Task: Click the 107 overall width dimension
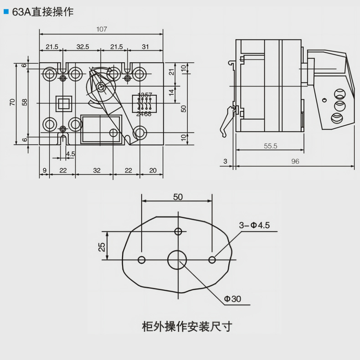click(x=101, y=29)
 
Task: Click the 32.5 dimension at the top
click(x=82, y=46)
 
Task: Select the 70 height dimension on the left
click(x=13, y=102)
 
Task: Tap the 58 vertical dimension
click(x=25, y=102)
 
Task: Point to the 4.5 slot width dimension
click(x=70, y=154)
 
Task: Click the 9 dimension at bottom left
click(x=44, y=170)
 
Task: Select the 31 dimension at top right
click(x=145, y=46)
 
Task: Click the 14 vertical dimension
click(x=171, y=92)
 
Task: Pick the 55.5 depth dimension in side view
click(x=271, y=146)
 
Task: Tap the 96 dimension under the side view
click(x=295, y=161)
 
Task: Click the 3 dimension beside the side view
click(x=225, y=161)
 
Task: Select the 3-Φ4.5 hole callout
click(x=254, y=225)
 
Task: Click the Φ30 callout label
click(x=232, y=299)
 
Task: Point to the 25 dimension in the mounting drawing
click(x=102, y=247)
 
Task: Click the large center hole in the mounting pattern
click(x=177, y=260)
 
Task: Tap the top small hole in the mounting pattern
click(x=178, y=231)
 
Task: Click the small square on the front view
click(x=63, y=103)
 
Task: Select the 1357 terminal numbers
click(x=144, y=95)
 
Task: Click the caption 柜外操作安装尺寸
click(x=187, y=326)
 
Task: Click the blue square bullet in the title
click(x=6, y=11)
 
